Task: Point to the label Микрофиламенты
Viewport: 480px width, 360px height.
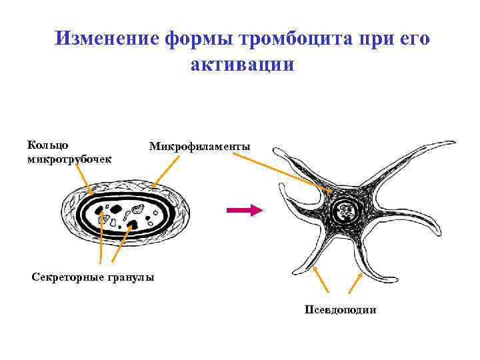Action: point(199,146)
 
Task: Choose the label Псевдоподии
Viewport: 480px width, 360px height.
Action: point(340,309)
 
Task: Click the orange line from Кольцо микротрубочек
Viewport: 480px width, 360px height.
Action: point(83,178)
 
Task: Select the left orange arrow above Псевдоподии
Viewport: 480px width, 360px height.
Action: point(323,281)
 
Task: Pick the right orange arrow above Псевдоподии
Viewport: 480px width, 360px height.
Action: point(354,282)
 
